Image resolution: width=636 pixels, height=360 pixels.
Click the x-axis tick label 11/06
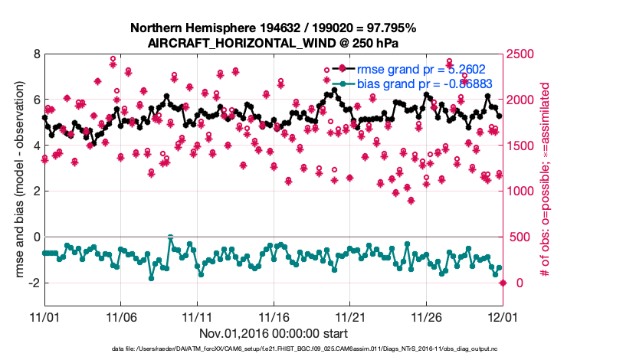pyautogui.click(x=121, y=317)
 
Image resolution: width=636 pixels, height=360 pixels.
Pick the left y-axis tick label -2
pyautogui.click(x=32, y=283)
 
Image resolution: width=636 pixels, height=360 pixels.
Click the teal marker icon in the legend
pyautogui.click(x=342, y=83)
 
